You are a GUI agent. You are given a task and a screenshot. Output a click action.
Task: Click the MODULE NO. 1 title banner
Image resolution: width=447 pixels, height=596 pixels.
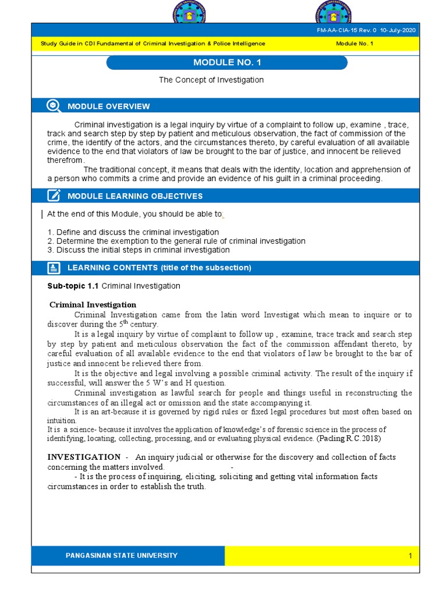click(x=227, y=63)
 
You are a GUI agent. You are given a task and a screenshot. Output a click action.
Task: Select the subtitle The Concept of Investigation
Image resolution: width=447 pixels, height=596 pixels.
click(x=211, y=80)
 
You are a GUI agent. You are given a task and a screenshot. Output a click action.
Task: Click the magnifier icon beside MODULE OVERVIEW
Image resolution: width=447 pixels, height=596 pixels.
click(x=54, y=105)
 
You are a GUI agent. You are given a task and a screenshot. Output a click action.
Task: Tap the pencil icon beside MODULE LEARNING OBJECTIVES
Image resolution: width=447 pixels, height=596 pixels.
click(x=54, y=196)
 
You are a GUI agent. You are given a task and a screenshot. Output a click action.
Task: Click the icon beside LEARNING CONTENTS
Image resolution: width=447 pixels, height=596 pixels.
click(x=54, y=268)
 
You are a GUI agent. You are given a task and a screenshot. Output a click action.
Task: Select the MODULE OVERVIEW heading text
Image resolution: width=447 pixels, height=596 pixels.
click(x=109, y=106)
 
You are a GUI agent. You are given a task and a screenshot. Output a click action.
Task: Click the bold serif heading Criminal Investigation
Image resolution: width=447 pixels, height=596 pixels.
click(x=93, y=304)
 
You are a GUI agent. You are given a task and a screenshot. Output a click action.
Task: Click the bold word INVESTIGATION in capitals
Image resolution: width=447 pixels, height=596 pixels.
click(x=84, y=457)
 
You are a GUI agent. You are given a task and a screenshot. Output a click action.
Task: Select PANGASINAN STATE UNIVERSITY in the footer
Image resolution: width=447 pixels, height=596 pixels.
click(x=122, y=555)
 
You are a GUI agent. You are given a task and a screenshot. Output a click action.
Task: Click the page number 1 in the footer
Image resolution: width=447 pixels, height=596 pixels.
click(x=410, y=556)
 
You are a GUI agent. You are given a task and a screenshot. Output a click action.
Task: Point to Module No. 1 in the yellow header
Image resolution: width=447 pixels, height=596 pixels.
click(x=354, y=44)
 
